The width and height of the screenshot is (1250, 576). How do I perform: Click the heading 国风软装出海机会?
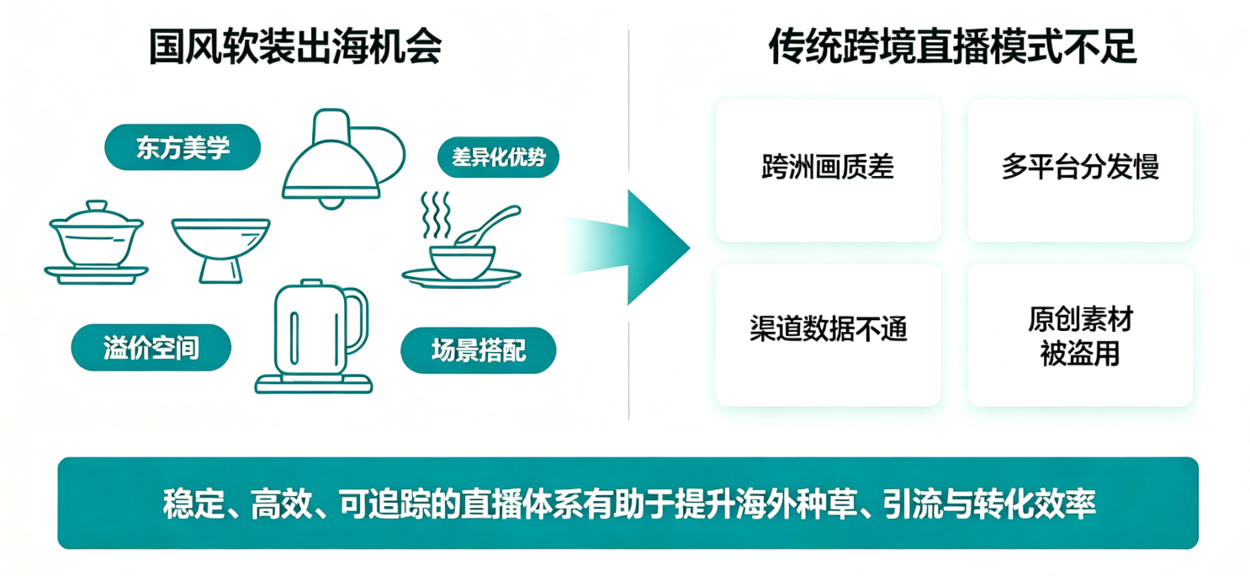pos(295,46)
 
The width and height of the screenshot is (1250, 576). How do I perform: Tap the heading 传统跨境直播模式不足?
pos(952,46)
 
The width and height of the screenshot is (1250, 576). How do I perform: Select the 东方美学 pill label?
pos(183,147)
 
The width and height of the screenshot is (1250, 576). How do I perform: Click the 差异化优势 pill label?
pos(498,157)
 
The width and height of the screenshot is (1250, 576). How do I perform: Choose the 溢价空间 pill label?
pos(151,348)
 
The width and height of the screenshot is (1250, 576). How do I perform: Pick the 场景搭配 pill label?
pos(479,350)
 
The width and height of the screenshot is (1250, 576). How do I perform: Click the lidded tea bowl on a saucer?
pos(96,243)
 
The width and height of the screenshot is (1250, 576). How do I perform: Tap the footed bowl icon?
pos(221,250)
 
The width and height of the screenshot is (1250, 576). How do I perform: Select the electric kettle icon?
pos(314,336)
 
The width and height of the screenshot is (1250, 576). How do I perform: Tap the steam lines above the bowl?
pos(436,215)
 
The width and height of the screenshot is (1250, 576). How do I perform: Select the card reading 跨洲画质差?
pos(828,170)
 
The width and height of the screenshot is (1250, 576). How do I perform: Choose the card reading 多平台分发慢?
pos(1080,170)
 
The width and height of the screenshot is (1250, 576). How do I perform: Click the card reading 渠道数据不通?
pos(828,335)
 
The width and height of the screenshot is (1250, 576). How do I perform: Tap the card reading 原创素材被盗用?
pos(1080,335)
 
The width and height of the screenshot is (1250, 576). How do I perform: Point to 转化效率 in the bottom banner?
pos(1034,504)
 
